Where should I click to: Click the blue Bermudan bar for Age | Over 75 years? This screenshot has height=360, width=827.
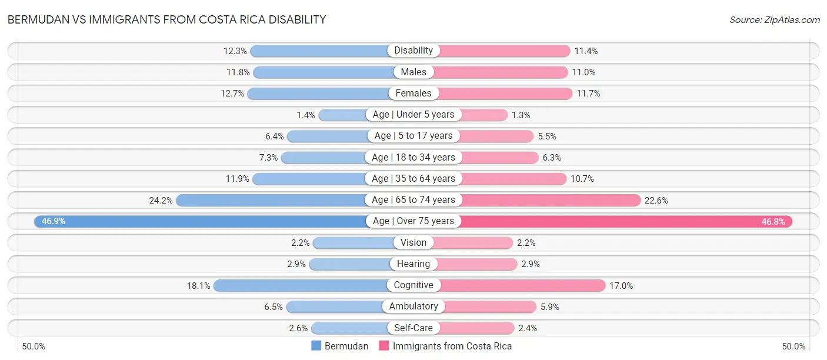coord(200,221)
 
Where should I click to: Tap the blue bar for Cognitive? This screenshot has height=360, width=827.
coord(300,285)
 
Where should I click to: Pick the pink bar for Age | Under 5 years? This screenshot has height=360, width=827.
coord(482,115)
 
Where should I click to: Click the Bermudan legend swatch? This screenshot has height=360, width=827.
coord(316,346)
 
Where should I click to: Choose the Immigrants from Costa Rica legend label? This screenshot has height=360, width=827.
coord(452,346)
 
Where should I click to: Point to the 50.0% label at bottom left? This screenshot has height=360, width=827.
coord(35,346)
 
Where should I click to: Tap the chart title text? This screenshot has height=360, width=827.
coord(166,19)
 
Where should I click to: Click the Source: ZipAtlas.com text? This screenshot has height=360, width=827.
coord(775,20)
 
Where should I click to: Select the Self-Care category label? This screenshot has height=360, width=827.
coord(413,328)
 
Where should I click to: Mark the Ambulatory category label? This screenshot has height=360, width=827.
coord(413,306)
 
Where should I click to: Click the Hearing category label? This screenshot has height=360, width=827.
coord(413,264)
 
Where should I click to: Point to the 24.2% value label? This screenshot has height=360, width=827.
coord(161,200)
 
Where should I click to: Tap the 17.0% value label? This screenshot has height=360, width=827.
coord(621,285)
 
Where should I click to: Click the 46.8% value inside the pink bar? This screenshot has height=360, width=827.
coord(773,221)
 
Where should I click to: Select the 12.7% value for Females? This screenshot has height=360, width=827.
coord(232,94)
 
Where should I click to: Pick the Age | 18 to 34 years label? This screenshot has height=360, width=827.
coord(413,157)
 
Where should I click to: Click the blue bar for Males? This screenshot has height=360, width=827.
coord(324,72)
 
